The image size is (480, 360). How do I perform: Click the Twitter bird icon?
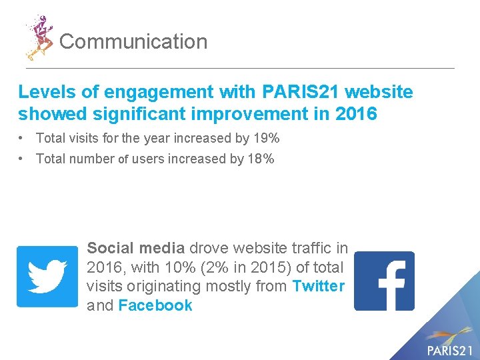47,276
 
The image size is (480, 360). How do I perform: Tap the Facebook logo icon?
384,281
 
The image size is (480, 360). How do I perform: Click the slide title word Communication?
133,42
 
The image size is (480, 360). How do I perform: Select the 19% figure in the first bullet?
267,139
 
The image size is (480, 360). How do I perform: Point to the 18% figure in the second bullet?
261,159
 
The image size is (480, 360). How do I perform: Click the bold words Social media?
135,248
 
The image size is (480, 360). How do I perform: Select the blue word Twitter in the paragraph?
319,286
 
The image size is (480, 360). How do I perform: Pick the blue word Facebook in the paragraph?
155,305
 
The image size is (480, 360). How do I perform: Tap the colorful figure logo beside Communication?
39,37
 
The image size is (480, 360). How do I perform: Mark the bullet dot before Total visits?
23,139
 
